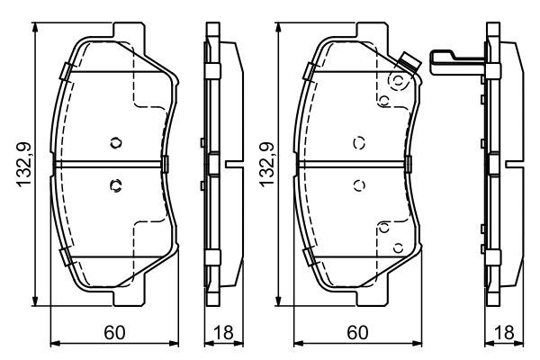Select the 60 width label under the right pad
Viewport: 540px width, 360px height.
[355, 333]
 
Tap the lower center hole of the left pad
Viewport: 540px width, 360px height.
[114, 186]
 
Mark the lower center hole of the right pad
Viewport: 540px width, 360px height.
[358, 186]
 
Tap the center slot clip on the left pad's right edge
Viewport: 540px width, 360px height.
[167, 164]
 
